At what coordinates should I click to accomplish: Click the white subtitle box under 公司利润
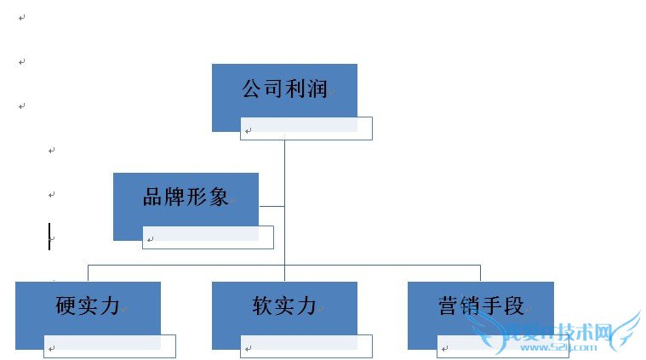click(x=306, y=129)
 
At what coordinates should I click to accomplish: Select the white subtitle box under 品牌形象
click(x=208, y=237)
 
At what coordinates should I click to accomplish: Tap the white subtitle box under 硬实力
click(x=109, y=346)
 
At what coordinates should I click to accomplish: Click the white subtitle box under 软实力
click(x=306, y=346)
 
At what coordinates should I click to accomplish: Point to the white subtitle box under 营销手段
click(x=502, y=346)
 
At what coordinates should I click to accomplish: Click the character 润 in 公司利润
click(x=317, y=89)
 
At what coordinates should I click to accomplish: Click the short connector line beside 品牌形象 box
click(x=272, y=206)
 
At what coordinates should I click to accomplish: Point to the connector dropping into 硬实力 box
click(x=88, y=272)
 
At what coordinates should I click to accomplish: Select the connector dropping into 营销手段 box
click(x=480, y=272)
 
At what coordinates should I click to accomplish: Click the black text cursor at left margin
click(x=49, y=237)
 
